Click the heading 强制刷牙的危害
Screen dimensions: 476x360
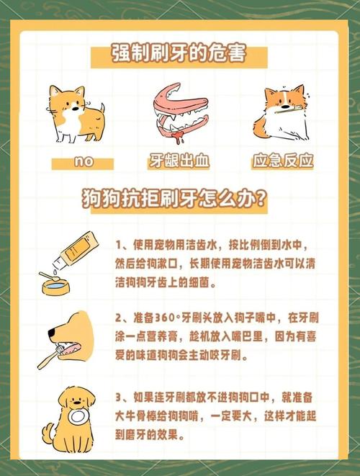tap(179, 54)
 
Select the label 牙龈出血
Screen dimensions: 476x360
tap(179, 161)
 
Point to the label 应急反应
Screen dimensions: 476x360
tap(283, 161)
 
